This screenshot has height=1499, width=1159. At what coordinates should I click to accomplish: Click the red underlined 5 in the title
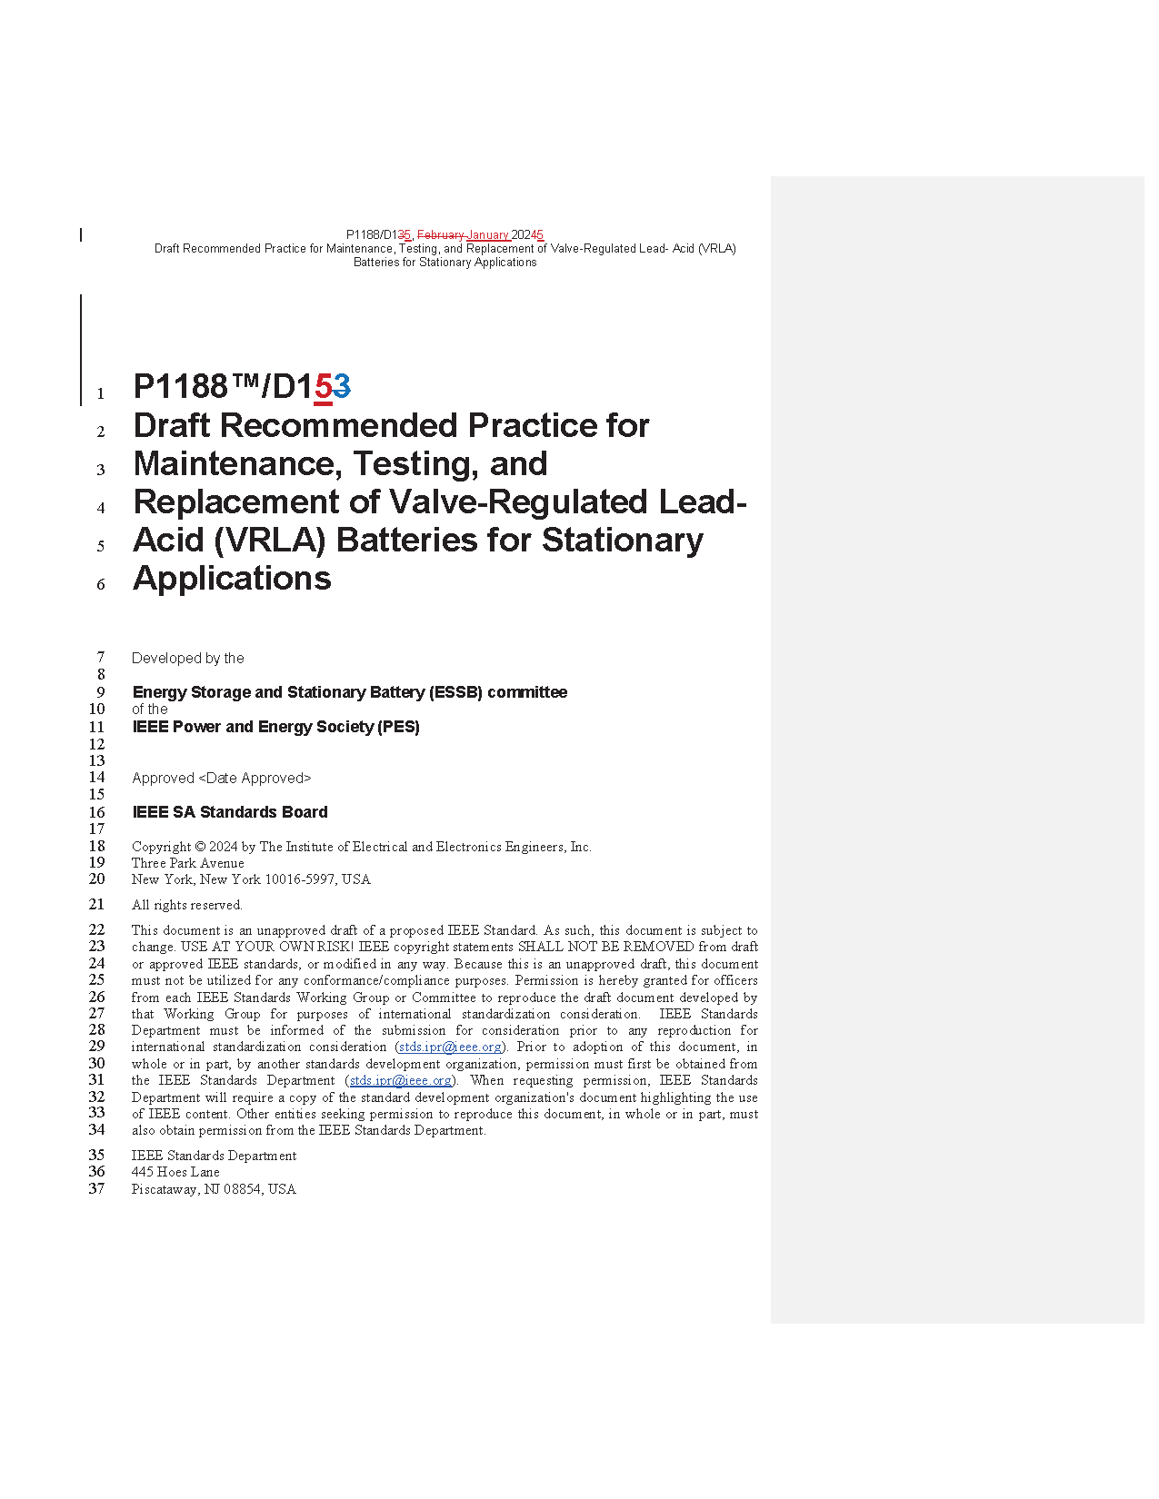tap(323, 388)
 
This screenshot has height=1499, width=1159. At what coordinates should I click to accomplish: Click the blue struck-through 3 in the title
tap(342, 388)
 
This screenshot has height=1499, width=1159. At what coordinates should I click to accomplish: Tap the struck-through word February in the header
tap(440, 235)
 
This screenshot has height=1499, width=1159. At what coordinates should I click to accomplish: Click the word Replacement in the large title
tap(255, 502)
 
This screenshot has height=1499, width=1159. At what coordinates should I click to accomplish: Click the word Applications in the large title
tap(232, 579)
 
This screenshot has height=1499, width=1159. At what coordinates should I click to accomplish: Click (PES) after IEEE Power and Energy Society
tap(399, 727)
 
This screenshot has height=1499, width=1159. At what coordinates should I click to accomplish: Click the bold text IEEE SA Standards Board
tap(230, 812)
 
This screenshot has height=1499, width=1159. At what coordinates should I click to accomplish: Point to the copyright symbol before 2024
tap(200, 848)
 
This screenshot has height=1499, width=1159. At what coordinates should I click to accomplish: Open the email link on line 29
tap(450, 1047)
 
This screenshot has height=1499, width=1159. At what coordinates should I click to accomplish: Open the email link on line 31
tap(401, 1081)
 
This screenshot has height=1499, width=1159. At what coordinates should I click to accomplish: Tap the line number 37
tap(96, 1189)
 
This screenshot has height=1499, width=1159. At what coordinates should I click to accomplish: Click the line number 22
tap(96, 930)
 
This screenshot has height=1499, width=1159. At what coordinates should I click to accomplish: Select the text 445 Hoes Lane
tap(175, 1173)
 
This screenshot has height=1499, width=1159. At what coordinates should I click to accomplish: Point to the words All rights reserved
tap(187, 906)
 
